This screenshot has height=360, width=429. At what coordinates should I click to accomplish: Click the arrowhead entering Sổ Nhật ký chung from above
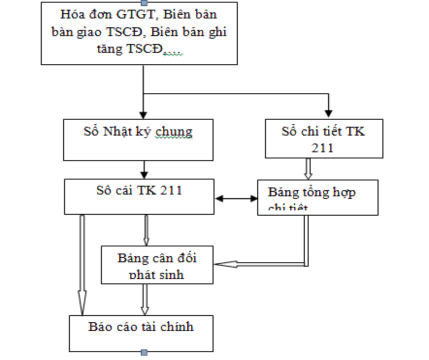pyautogui.click(x=143, y=114)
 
